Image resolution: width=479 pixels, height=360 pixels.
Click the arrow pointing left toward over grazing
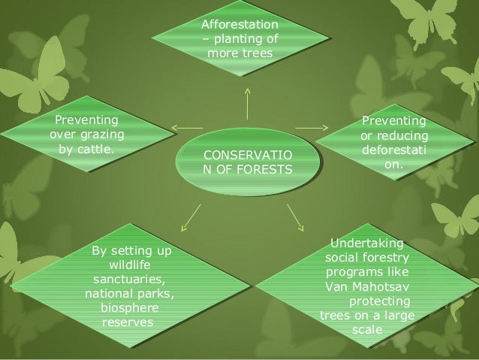188,125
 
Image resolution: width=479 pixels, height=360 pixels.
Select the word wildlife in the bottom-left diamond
130,265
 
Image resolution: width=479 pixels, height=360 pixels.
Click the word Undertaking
366,244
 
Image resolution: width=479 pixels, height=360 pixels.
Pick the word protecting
380,301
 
